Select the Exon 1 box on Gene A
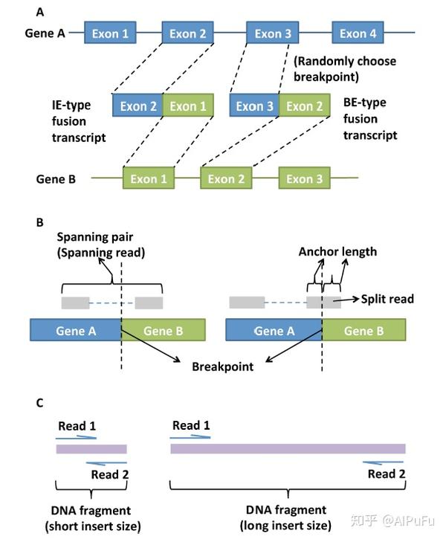tap(110, 33)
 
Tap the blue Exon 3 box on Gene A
tap(273, 33)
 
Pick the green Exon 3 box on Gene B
tap(305, 178)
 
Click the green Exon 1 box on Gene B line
tap(149, 178)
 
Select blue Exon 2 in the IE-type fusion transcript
tap(138, 106)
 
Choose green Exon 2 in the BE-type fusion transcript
tap(304, 106)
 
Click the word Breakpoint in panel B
tap(222, 367)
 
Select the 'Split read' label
tap(387, 298)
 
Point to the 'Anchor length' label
tap(337, 251)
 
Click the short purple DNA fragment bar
tap(91, 449)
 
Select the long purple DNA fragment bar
tap(288, 448)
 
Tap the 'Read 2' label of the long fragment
tap(387, 474)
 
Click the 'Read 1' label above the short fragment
tap(77, 426)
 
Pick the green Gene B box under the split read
tap(363, 331)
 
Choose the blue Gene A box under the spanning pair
tap(75, 331)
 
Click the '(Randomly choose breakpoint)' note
tap(346, 68)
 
